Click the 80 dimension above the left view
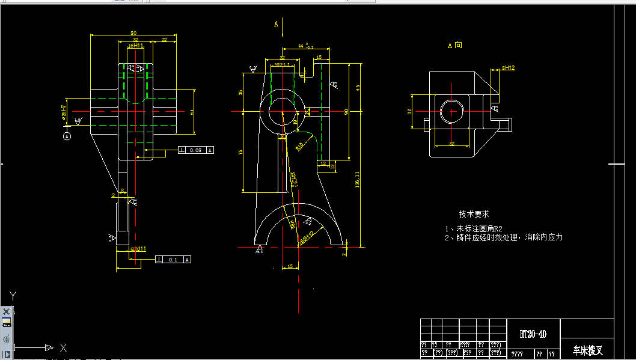(133, 33)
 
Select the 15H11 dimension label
(135, 45)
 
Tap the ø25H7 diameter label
(64, 112)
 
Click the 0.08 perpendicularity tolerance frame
(196, 150)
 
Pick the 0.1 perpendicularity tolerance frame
(174, 259)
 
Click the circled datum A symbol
(67, 136)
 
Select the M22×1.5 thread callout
(282, 64)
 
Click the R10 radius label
(299, 145)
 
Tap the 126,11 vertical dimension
(358, 178)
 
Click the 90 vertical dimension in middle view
(346, 112)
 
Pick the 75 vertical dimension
(240, 152)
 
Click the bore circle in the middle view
(283, 112)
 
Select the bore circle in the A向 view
(451, 112)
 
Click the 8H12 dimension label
(508, 68)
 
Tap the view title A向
(454, 45)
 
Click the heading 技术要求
(474, 214)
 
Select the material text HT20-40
(533, 334)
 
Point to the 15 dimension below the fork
(290, 266)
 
